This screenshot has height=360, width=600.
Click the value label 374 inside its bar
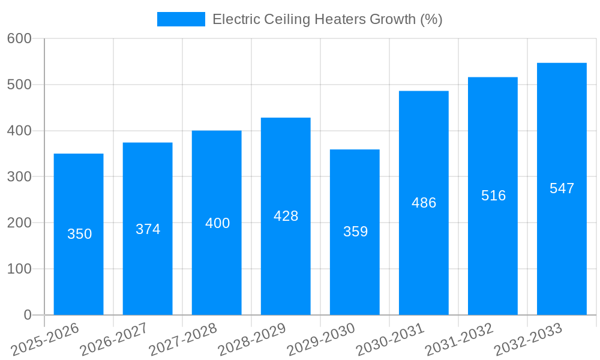(x=148, y=229)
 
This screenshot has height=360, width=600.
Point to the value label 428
(x=286, y=216)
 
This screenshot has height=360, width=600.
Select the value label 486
(x=424, y=203)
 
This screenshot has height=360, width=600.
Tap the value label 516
(x=493, y=196)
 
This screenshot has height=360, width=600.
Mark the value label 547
(x=562, y=188)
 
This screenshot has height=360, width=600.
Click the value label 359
(x=355, y=232)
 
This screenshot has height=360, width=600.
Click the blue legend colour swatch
(x=181, y=19)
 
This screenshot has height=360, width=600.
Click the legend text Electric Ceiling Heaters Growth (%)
(x=327, y=19)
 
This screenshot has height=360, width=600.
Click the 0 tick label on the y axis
(x=28, y=315)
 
